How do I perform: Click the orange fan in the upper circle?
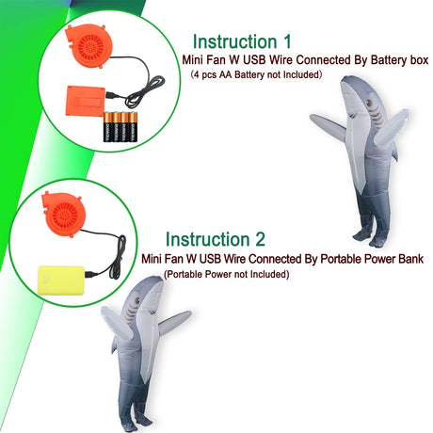click(x=89, y=46)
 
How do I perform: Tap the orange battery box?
click(x=85, y=101)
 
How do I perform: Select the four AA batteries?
click(x=120, y=126)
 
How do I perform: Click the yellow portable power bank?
click(x=61, y=281)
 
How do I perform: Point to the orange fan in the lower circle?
click(x=64, y=215)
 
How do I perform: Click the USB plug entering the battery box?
click(x=111, y=95)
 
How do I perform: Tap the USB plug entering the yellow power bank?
click(x=90, y=274)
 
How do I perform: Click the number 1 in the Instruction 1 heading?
click(x=287, y=41)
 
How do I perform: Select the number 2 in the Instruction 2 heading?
click(x=260, y=239)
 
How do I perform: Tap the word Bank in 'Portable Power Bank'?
click(x=411, y=259)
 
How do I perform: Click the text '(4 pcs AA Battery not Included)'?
click(x=256, y=74)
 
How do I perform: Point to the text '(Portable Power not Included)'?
click(x=226, y=274)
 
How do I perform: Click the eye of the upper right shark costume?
click(x=370, y=103)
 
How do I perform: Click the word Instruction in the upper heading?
click(x=234, y=41)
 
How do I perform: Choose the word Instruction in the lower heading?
click(x=207, y=239)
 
